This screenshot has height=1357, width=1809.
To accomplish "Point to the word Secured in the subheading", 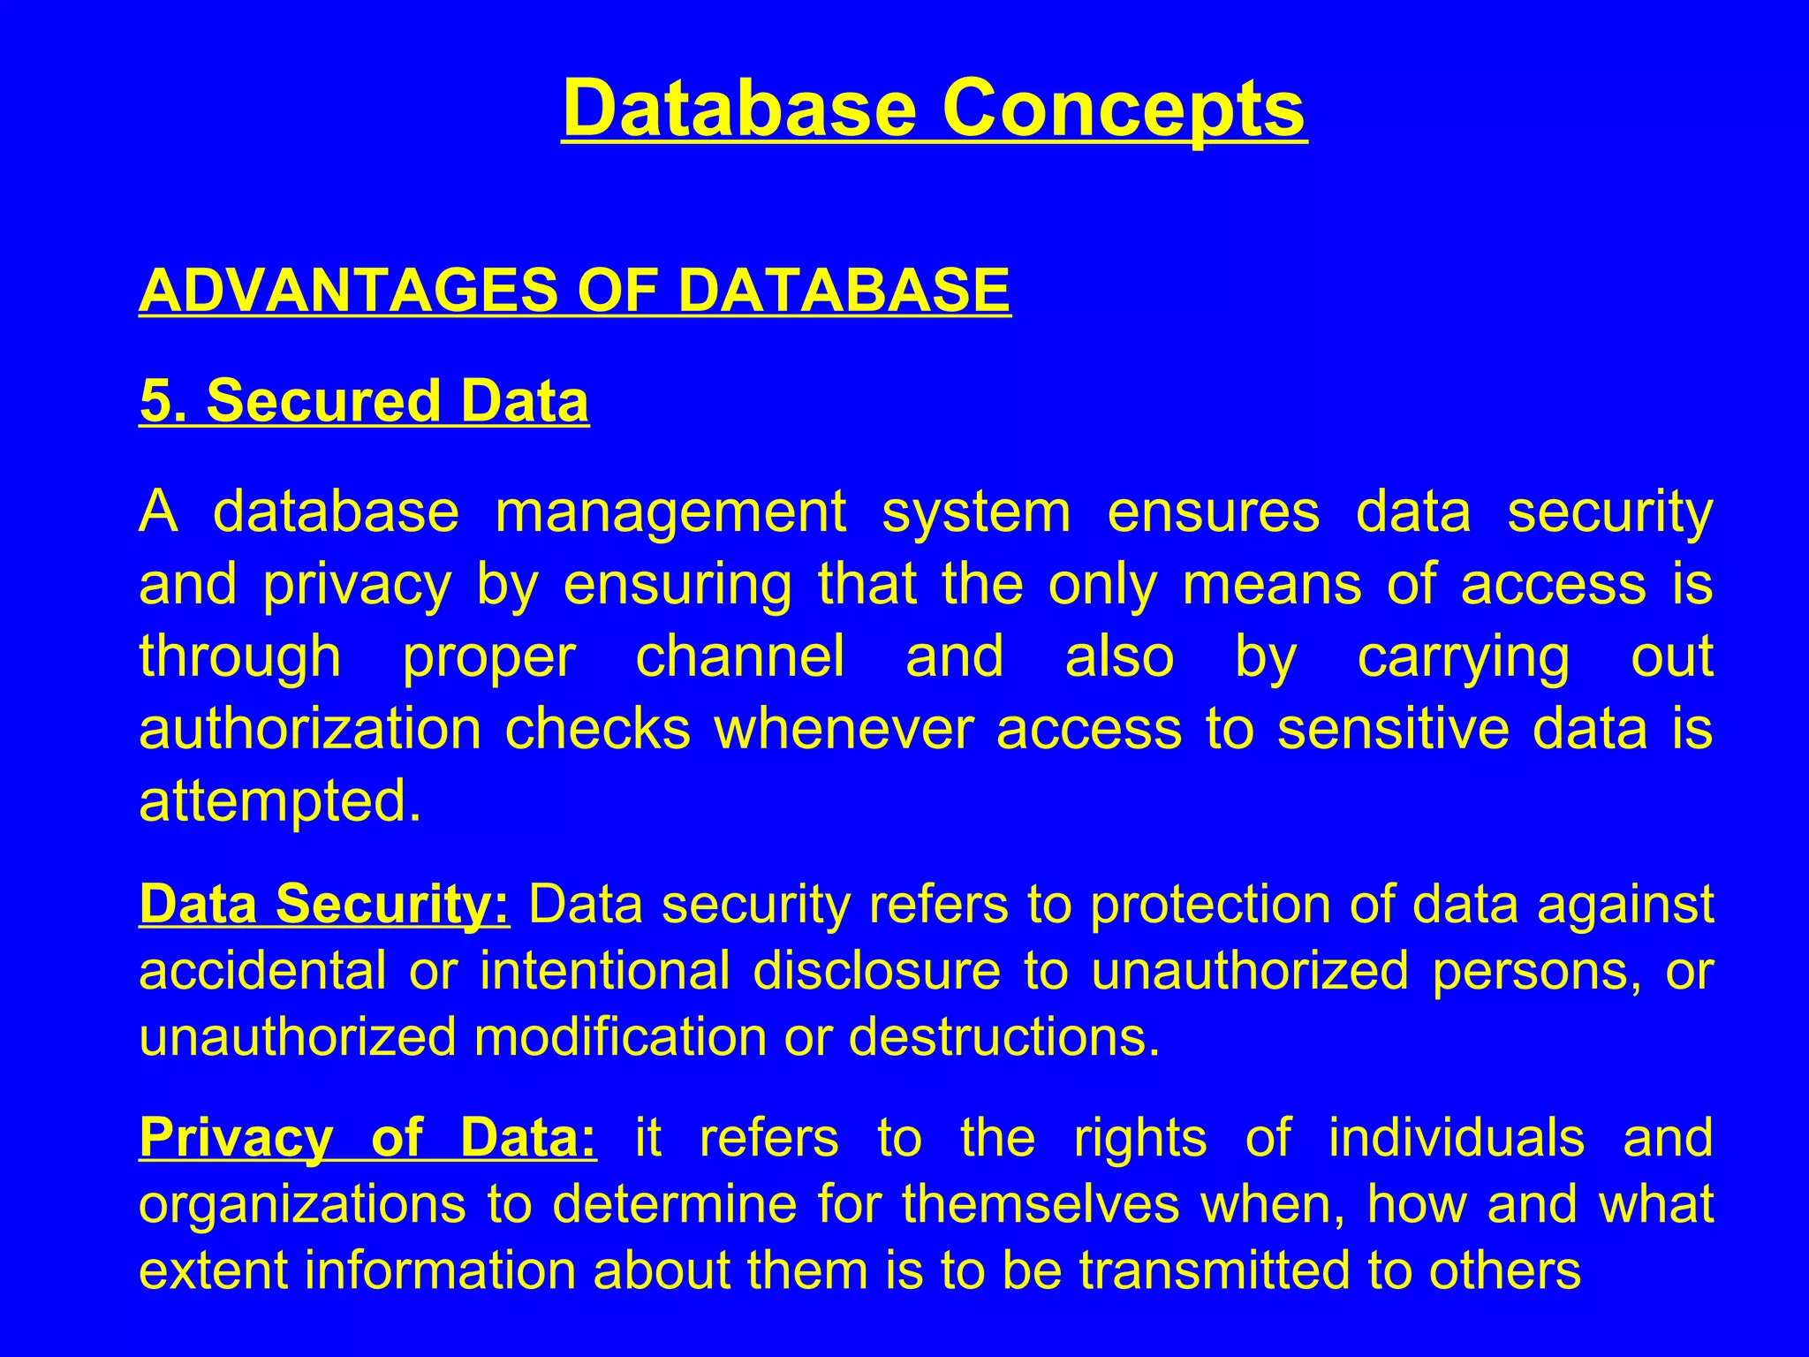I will pyautogui.click(x=322, y=401).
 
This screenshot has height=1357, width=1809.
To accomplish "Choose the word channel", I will pyautogui.click(x=740, y=657).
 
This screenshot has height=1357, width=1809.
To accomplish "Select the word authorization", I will pyautogui.click(x=310, y=730).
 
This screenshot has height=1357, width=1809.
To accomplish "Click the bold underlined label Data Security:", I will pyautogui.click(x=324, y=905).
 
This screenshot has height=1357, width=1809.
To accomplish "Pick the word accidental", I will pyautogui.click(x=262, y=971).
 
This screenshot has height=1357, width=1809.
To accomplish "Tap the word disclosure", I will pyautogui.click(x=876, y=971).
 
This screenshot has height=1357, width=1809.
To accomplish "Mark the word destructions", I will pyautogui.click(x=1003, y=1037).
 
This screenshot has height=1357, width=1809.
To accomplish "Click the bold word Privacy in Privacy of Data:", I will pyautogui.click(x=236, y=1139).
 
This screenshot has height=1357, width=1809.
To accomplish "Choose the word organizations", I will pyautogui.click(x=301, y=1204).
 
